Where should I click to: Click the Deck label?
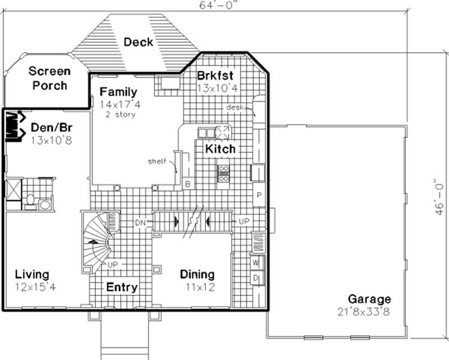[138, 42]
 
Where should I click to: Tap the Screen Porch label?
[49, 79]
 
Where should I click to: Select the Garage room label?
[369, 299]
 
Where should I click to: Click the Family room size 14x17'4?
[118, 104]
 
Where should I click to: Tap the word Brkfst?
[215, 76]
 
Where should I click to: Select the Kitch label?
[220, 149]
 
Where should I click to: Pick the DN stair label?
[140, 223]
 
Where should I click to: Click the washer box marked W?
[255, 262]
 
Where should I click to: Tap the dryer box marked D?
[255, 277]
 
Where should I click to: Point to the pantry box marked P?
[259, 195]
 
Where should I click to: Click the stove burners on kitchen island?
[223, 173]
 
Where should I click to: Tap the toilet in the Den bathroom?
[31, 199]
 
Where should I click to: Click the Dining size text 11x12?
[197, 287]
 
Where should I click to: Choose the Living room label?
[31, 275]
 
